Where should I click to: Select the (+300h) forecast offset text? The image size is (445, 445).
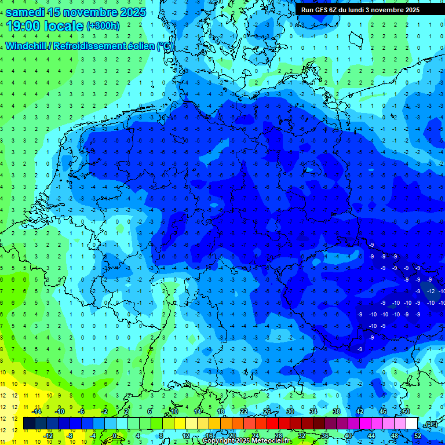click(103, 26)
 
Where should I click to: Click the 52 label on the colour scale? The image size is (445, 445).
click(417, 436)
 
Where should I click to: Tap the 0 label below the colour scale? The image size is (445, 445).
click(115, 436)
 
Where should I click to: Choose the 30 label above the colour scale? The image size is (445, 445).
click(290, 411)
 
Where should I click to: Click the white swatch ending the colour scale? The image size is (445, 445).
click(412, 424)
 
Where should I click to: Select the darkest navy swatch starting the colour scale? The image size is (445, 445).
click(29, 424)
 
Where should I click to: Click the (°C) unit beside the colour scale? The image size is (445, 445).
click(431, 424)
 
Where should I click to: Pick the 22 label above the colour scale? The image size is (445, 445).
click(244, 411)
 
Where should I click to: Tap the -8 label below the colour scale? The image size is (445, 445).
click(70, 436)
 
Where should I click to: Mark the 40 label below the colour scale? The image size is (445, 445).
click(348, 436)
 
